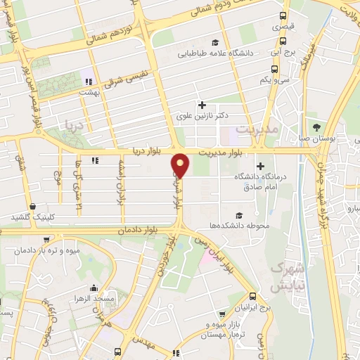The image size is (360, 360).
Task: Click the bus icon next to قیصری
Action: [283, 15]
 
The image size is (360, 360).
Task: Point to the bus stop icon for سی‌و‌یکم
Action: [274, 70]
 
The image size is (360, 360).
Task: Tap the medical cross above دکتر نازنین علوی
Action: [202, 105]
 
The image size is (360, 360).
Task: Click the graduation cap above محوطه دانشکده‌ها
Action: [238, 214]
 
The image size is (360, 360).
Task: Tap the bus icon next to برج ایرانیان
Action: [252, 297]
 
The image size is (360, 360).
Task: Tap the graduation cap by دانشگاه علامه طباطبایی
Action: [224, 42]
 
